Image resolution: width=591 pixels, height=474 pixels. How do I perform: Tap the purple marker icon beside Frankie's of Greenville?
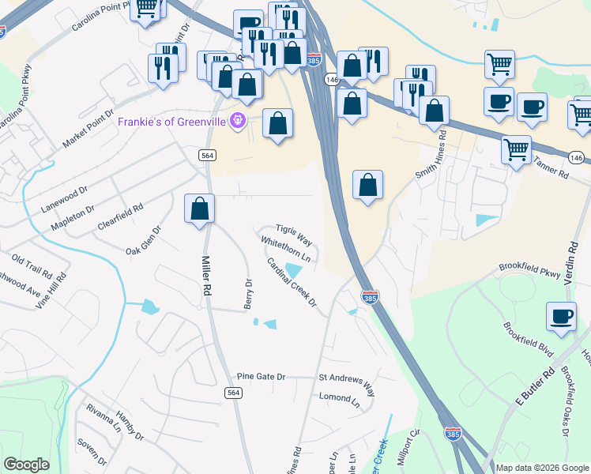pyautogui.click(x=236, y=122)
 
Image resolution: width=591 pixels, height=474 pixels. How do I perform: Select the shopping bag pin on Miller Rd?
pyautogui.click(x=200, y=209)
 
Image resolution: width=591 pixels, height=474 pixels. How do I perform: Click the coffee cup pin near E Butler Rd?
pyautogui.click(x=561, y=317)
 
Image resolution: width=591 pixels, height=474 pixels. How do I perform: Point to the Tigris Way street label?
pyautogui.click(x=294, y=235)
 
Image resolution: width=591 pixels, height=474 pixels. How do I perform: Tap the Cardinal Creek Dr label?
pyautogui.click(x=291, y=283)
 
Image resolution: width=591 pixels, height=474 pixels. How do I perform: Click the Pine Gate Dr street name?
pyautogui.click(x=261, y=376)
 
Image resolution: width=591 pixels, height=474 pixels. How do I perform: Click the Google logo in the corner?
pyautogui.click(x=26, y=465)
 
